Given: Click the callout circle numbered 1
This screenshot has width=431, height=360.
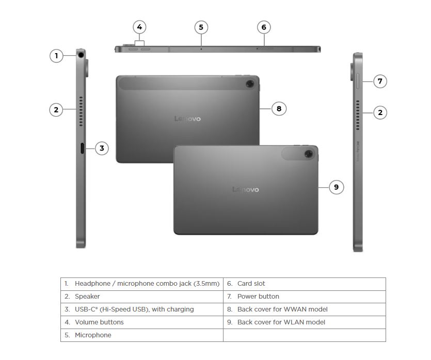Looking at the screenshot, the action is click(x=56, y=56).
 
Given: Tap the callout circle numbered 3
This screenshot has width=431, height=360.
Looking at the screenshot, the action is click(x=102, y=149).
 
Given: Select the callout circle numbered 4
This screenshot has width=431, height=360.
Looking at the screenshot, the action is click(x=139, y=27).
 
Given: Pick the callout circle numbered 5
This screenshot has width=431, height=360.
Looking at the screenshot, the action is click(x=201, y=27).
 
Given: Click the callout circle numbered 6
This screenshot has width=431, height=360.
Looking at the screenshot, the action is click(x=264, y=27).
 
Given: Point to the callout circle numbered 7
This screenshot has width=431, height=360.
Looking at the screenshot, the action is click(x=380, y=81).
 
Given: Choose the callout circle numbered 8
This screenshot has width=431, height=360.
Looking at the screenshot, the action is click(x=279, y=109).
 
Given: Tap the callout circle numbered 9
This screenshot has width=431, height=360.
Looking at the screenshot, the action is click(x=336, y=187).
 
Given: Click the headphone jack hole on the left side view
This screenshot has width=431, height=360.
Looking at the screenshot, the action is click(x=81, y=55).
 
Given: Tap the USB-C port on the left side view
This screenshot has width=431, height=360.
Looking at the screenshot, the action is click(x=82, y=149).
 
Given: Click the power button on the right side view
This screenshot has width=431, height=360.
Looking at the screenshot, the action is click(x=358, y=81).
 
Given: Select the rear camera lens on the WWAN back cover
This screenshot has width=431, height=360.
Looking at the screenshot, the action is click(x=250, y=84).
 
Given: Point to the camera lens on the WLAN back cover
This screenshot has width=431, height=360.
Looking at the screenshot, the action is click(x=309, y=154).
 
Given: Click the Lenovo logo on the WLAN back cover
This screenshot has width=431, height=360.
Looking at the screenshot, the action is click(x=246, y=189).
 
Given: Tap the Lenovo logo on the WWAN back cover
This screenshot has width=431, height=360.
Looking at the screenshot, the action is click(x=187, y=119).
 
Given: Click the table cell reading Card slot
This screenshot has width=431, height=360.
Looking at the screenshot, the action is click(x=305, y=284).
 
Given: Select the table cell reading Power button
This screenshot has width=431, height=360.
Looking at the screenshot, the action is click(x=305, y=297).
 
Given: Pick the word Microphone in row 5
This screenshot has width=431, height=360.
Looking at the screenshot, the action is click(x=93, y=335).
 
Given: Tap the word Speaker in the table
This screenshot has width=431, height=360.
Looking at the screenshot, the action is click(x=87, y=297).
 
